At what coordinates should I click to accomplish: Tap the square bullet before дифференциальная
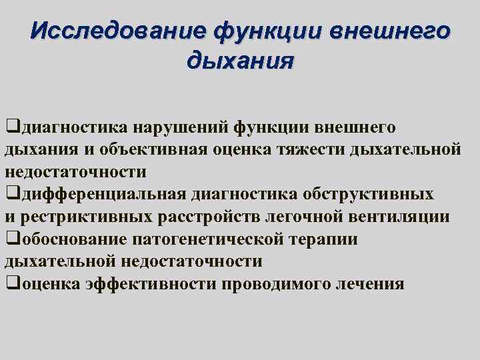coord(10,194)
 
